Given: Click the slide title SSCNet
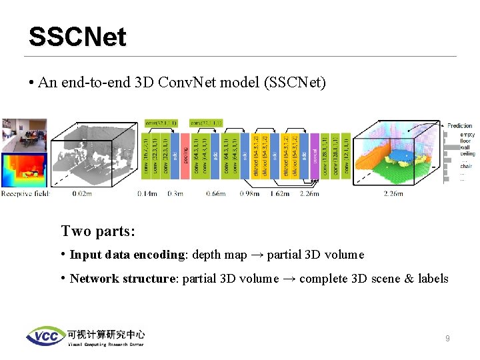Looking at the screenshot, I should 77,37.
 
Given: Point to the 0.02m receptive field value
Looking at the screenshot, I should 82,194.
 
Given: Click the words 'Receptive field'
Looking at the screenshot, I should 25,194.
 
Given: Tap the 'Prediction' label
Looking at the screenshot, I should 459,125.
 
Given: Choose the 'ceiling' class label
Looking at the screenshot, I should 467,153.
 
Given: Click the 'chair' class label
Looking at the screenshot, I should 466,166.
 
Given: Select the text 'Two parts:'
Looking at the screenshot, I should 98,231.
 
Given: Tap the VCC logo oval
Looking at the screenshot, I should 45,337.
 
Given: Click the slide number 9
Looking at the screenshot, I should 447,339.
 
